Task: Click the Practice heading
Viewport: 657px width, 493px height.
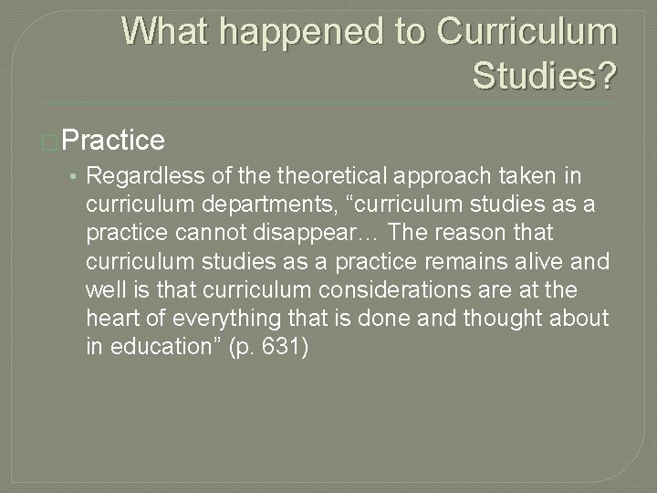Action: [x=114, y=140]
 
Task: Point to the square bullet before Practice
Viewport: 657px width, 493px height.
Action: [x=54, y=142]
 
